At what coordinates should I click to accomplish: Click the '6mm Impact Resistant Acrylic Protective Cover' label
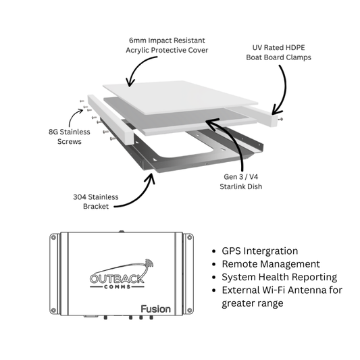click(x=167, y=45)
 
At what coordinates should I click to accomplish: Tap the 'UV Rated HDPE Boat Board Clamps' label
click(x=278, y=53)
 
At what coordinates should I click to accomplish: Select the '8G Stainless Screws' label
click(x=70, y=136)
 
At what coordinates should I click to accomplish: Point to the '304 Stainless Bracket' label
click(x=96, y=201)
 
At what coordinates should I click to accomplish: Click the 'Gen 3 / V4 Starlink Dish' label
click(x=241, y=182)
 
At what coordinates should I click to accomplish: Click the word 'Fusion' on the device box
click(x=155, y=309)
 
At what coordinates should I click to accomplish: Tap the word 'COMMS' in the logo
click(x=118, y=287)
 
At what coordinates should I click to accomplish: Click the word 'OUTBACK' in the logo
click(x=117, y=278)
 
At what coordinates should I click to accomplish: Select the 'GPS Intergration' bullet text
click(x=259, y=251)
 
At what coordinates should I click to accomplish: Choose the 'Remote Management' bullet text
click(x=271, y=264)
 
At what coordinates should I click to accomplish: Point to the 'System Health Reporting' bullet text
click(x=279, y=278)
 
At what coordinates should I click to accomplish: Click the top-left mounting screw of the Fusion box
click(x=53, y=238)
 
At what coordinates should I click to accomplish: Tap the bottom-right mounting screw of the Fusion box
click(x=190, y=311)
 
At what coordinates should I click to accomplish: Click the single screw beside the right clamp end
click(x=280, y=119)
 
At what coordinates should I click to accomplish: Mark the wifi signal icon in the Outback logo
click(x=149, y=263)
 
